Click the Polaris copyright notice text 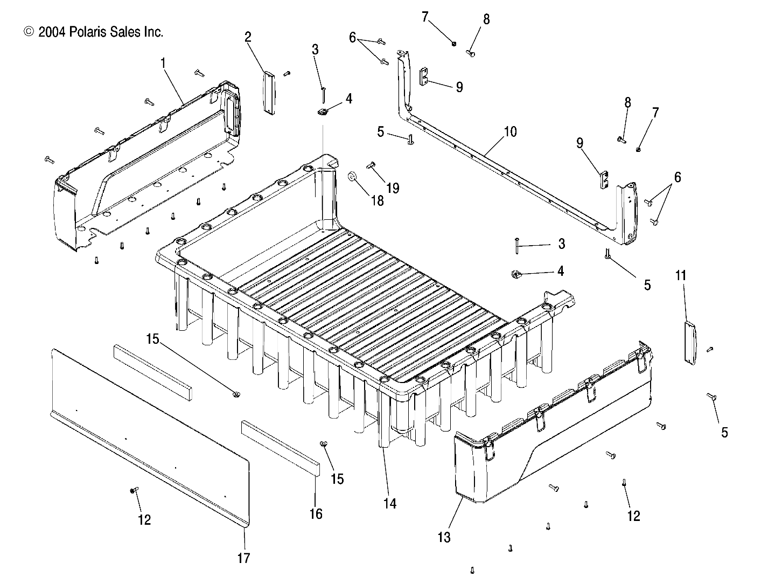tap(93, 32)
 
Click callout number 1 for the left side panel tap(163, 63)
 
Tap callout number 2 tap(248, 37)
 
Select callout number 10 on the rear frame tap(510, 131)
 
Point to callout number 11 tap(681, 276)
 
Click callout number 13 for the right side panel tap(445, 537)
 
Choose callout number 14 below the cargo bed tap(390, 503)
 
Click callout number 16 tap(316, 514)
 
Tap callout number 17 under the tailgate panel tap(244, 558)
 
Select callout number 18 tap(378, 200)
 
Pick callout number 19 tap(393, 188)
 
